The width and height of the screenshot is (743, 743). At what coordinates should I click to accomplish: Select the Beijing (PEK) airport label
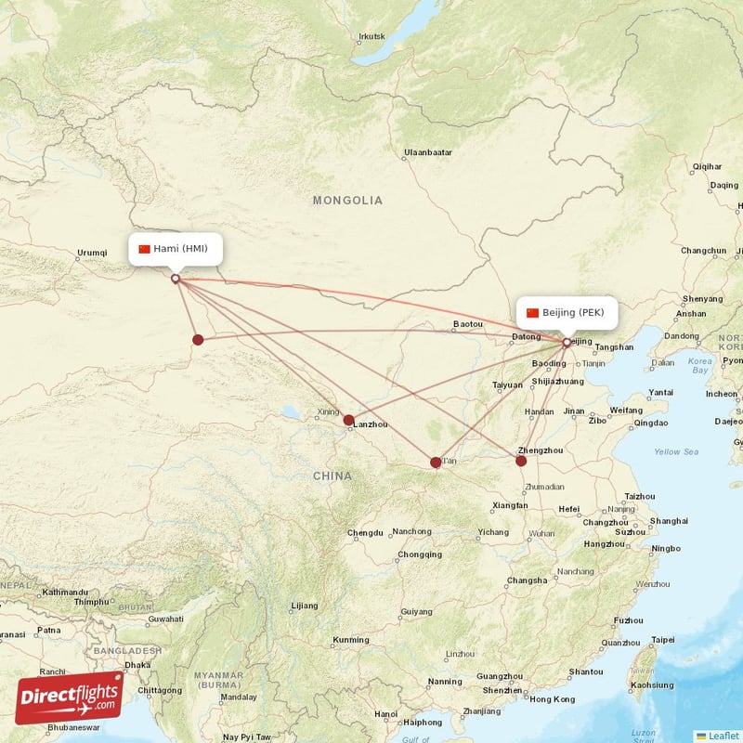[566, 313]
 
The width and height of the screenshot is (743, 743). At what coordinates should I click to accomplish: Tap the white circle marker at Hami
[176, 278]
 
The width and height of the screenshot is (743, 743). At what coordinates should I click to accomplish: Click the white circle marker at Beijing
[567, 343]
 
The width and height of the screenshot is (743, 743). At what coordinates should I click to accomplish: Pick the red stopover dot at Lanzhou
[348, 421]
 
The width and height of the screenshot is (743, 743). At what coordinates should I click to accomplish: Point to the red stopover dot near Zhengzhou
[521, 461]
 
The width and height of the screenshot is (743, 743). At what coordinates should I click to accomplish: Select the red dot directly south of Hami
[198, 340]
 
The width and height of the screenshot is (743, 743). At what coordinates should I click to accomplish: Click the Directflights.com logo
[70, 697]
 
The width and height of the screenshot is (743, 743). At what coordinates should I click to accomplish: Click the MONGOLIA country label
[347, 201]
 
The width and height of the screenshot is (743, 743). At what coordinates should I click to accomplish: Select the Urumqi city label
[92, 253]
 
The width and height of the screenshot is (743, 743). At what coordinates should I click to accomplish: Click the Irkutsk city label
[371, 37]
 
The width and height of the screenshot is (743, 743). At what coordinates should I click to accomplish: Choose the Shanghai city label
[670, 521]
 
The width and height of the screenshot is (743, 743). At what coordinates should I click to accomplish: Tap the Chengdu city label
[365, 533]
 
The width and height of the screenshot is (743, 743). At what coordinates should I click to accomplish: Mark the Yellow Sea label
[676, 451]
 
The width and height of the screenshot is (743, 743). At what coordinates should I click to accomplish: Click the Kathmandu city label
[65, 592]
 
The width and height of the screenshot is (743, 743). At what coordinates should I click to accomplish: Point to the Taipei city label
[663, 640]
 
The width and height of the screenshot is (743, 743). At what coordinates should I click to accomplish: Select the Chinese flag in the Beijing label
[532, 313]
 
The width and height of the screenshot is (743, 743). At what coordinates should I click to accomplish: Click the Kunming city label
[351, 640]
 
